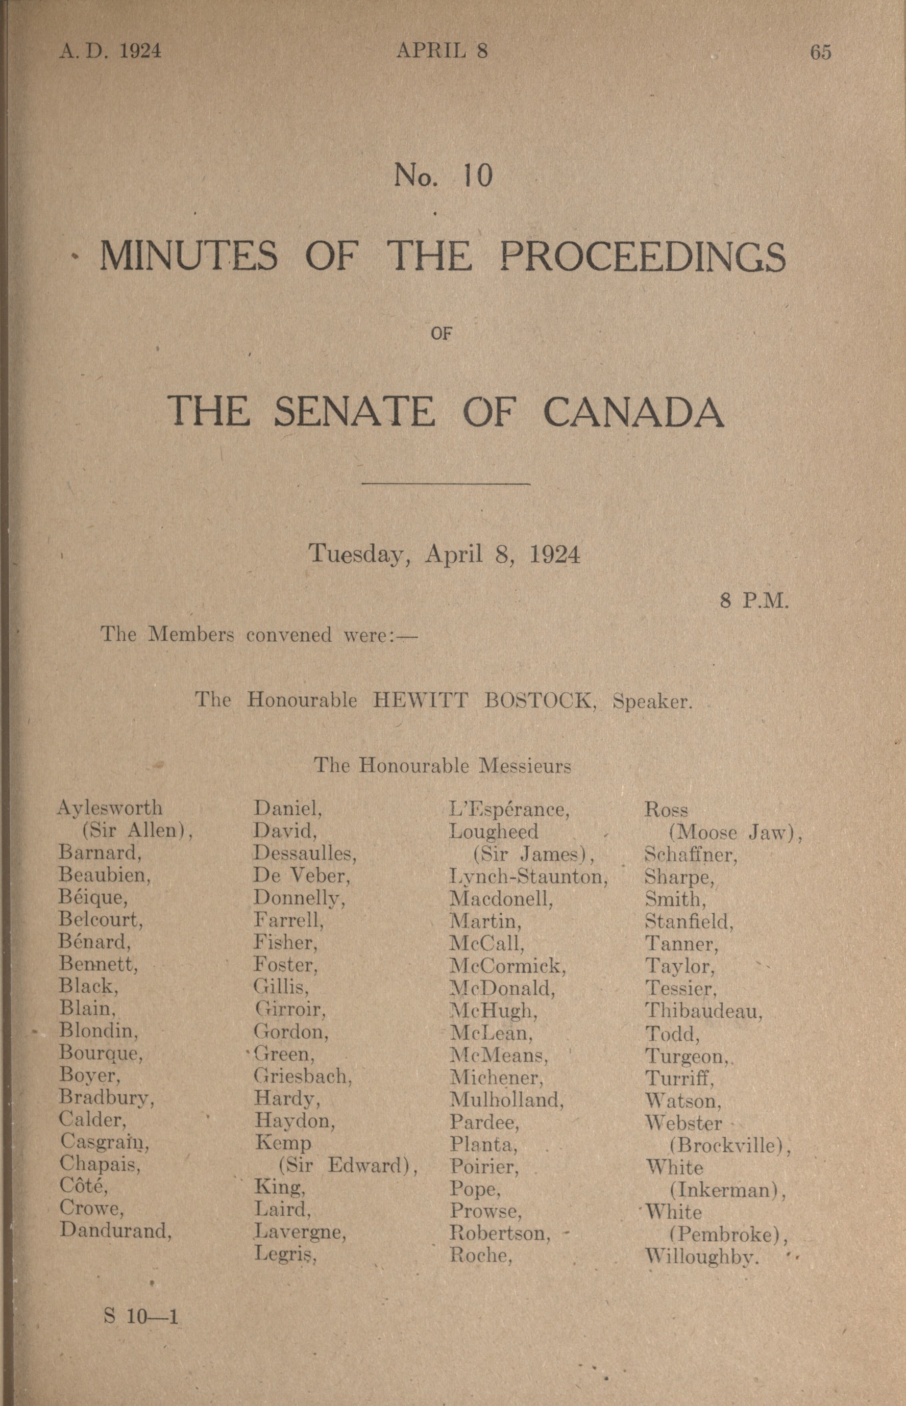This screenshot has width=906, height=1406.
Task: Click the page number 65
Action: (x=821, y=53)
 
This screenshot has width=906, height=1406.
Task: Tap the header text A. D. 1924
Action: (x=110, y=52)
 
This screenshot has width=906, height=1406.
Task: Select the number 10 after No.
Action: (x=477, y=175)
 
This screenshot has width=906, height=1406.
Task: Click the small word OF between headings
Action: (x=440, y=334)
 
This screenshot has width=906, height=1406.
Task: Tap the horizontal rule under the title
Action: (x=447, y=484)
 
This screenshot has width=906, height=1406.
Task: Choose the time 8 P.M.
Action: (x=753, y=600)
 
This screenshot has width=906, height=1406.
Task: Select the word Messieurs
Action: (x=525, y=766)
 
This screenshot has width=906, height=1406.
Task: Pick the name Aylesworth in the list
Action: (x=110, y=808)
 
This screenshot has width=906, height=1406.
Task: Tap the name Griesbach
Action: (x=302, y=1076)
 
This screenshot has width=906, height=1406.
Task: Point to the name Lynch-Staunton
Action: (x=528, y=877)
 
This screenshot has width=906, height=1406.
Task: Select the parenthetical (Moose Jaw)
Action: (x=736, y=833)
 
